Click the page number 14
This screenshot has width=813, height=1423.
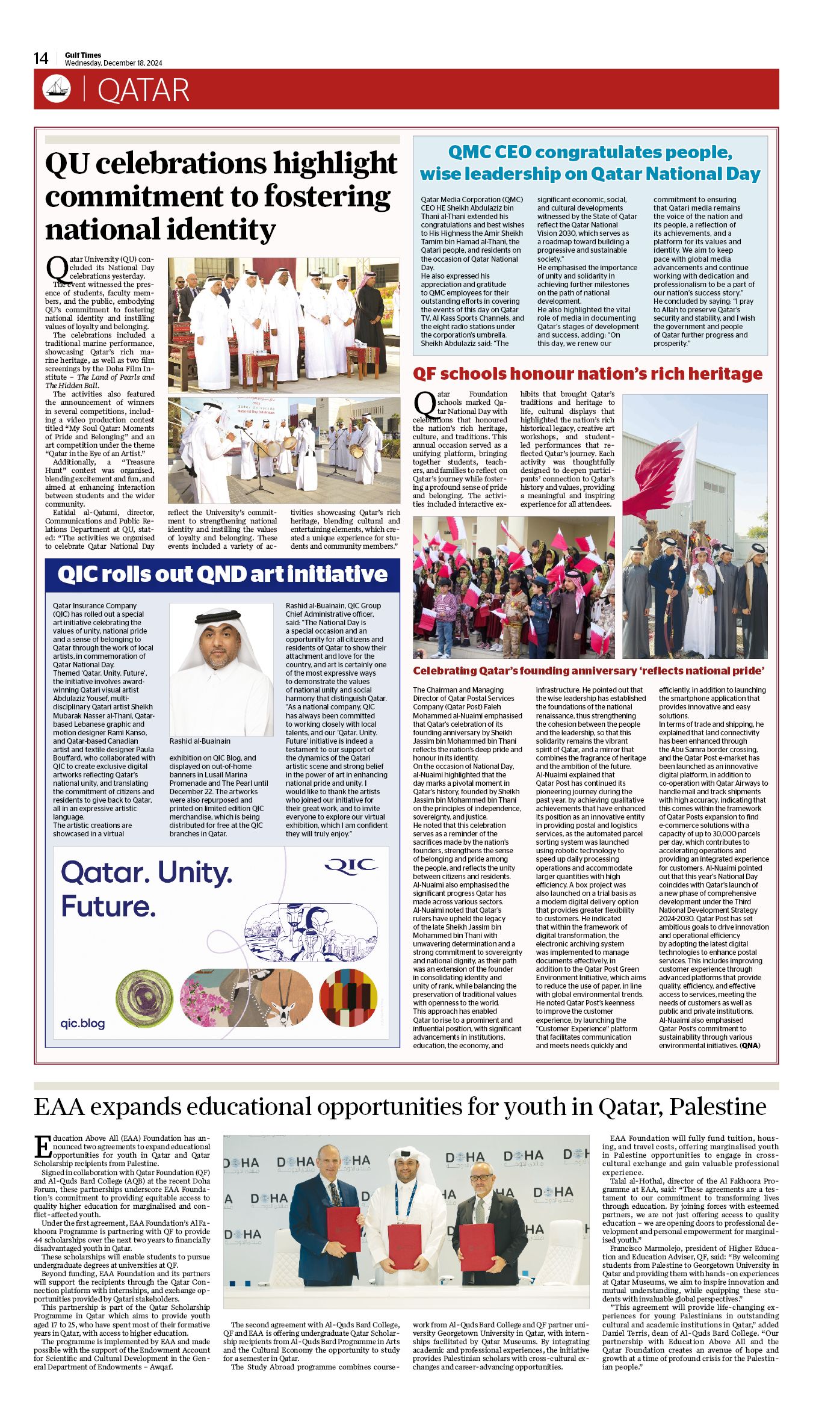coord(41,58)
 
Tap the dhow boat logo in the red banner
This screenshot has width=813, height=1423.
coord(57,89)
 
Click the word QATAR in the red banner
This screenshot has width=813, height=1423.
coord(143,90)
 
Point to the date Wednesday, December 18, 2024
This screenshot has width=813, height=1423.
coord(113,63)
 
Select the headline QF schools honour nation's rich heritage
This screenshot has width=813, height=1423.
coord(587,374)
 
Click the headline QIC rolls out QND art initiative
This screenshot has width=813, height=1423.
coord(222,575)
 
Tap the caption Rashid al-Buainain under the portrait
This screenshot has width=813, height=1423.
coord(200,741)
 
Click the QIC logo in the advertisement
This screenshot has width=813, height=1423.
coord(351,865)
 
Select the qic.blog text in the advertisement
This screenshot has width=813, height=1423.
coord(82,1023)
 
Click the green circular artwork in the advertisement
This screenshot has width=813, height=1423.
coord(144,999)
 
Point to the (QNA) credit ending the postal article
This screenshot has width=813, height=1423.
coord(750,1045)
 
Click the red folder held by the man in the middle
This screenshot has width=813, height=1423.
coord(404,1246)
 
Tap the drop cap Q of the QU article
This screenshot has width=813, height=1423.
coord(57,267)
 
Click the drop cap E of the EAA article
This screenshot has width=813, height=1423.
coord(42,1146)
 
